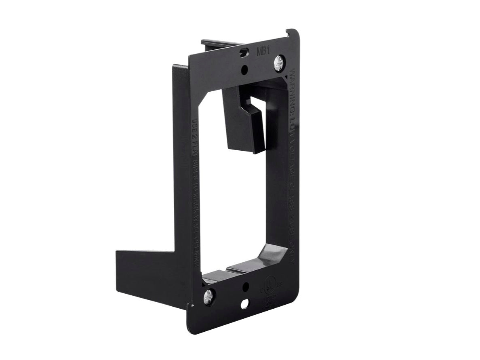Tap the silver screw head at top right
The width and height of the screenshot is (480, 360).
pos(279,62)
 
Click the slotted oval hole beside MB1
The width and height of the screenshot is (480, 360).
pos(243,53)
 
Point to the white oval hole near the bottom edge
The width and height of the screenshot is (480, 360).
pos(245,304)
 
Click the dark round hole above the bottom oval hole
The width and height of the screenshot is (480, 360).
pos(245,287)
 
